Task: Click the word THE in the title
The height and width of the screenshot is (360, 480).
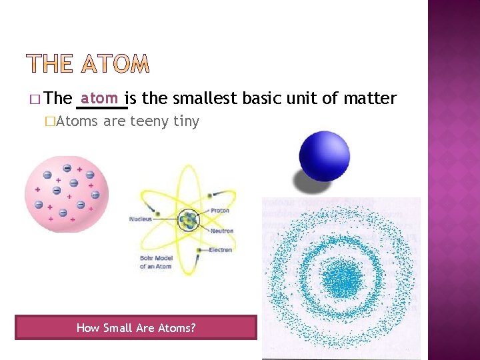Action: pyautogui.click(x=50, y=64)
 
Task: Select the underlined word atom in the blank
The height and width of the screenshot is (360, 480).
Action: pyautogui.click(x=100, y=98)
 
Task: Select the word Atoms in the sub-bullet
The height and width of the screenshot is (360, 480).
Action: pyautogui.click(x=78, y=121)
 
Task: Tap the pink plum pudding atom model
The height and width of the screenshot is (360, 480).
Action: pyautogui.click(x=66, y=193)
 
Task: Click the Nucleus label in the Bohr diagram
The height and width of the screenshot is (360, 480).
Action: pyautogui.click(x=141, y=219)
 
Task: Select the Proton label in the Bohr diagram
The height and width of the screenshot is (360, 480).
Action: pyautogui.click(x=219, y=211)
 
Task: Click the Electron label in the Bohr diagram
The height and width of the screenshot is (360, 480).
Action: pyautogui.click(x=221, y=250)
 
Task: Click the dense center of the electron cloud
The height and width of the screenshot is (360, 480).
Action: pyautogui.click(x=343, y=275)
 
